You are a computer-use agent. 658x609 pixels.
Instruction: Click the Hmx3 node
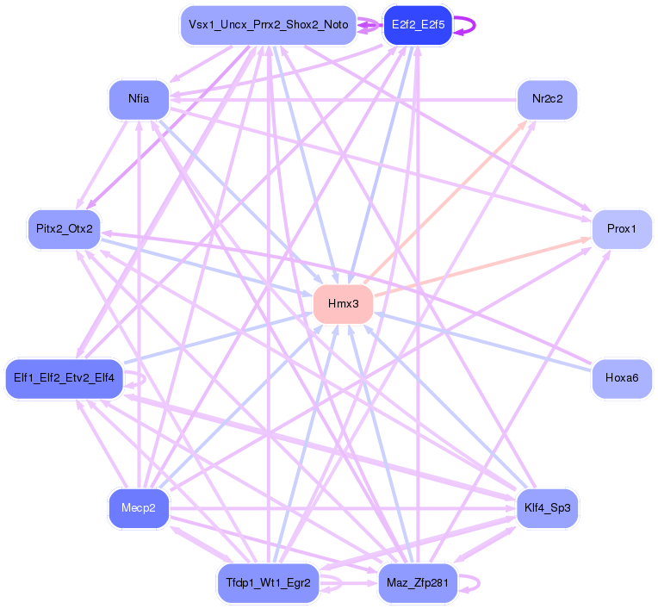tap(343, 304)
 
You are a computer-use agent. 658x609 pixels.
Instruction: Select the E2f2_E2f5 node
tap(418, 25)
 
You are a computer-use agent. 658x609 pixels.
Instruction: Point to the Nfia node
tap(138, 99)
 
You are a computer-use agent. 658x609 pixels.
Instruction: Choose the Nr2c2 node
tap(547, 99)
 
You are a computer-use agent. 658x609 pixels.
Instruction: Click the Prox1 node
tap(621, 229)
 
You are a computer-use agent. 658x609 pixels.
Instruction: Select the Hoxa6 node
tap(621, 378)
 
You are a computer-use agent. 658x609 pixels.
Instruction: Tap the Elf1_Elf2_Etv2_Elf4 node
tap(65, 378)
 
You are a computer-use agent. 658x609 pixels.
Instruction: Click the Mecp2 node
tap(138, 508)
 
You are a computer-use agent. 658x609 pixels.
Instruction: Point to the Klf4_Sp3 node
tap(547, 508)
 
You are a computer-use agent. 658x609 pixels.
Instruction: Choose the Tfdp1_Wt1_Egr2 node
tap(268, 583)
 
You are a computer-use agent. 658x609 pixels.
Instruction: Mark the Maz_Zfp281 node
tap(418, 583)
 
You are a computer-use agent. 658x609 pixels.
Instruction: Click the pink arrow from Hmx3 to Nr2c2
tap(448, 203)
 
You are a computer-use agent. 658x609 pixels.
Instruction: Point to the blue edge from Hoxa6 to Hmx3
tap(482, 341)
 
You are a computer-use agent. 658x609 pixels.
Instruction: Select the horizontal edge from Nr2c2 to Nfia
tap(345, 100)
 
